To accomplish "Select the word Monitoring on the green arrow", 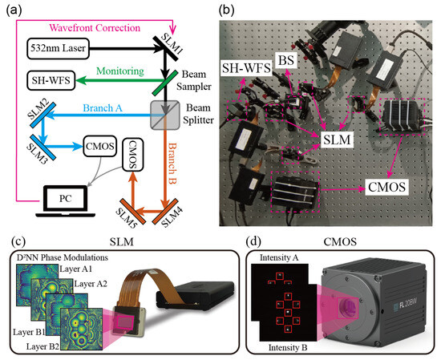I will (x=117, y=71).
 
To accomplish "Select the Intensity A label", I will (x=276, y=257).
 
